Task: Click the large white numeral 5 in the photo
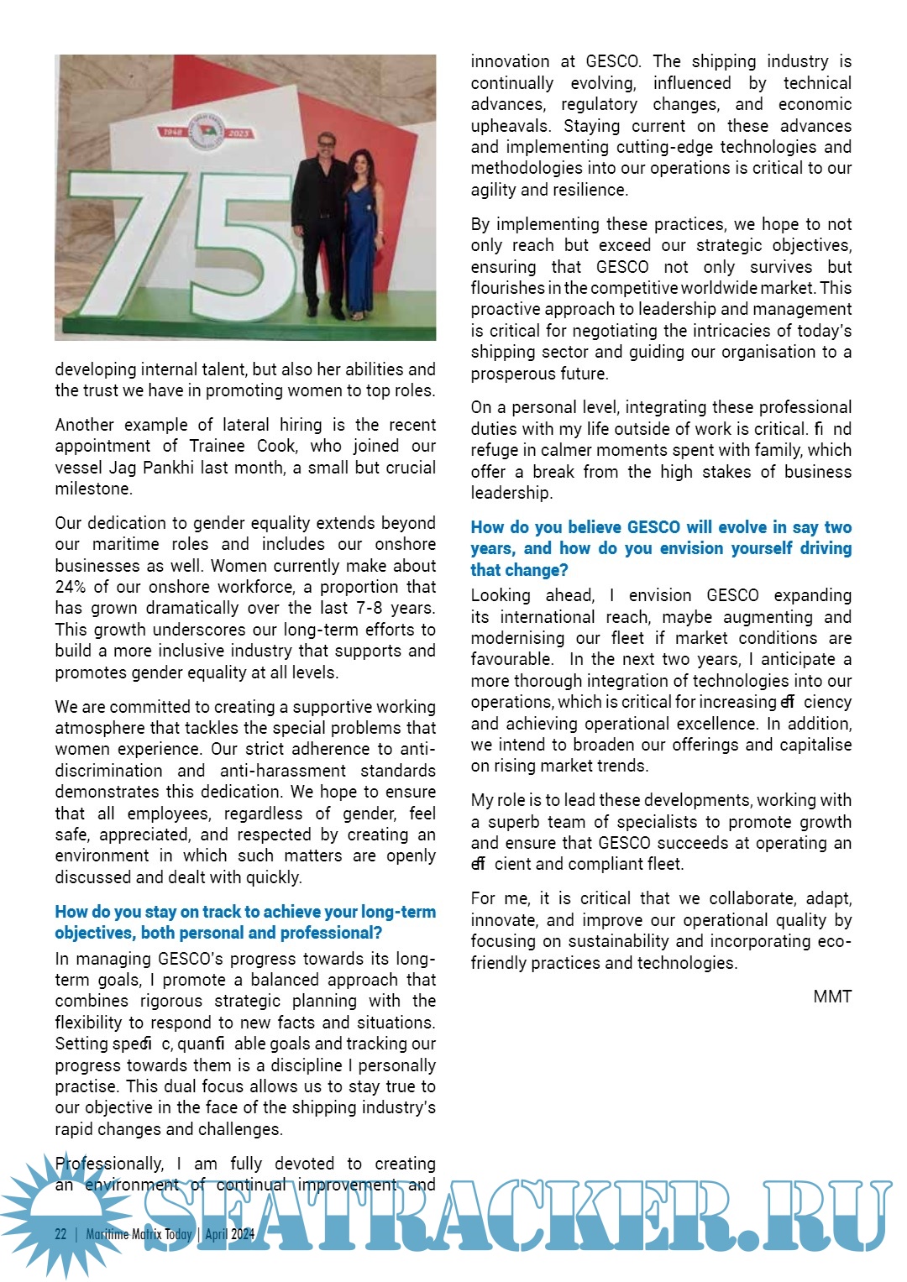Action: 244,252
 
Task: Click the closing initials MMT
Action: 832,997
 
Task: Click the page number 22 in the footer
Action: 60,1233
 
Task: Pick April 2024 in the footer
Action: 229,1233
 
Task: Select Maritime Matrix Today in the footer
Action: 139,1233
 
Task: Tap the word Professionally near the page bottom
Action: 109,1164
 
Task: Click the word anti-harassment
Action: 282,771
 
